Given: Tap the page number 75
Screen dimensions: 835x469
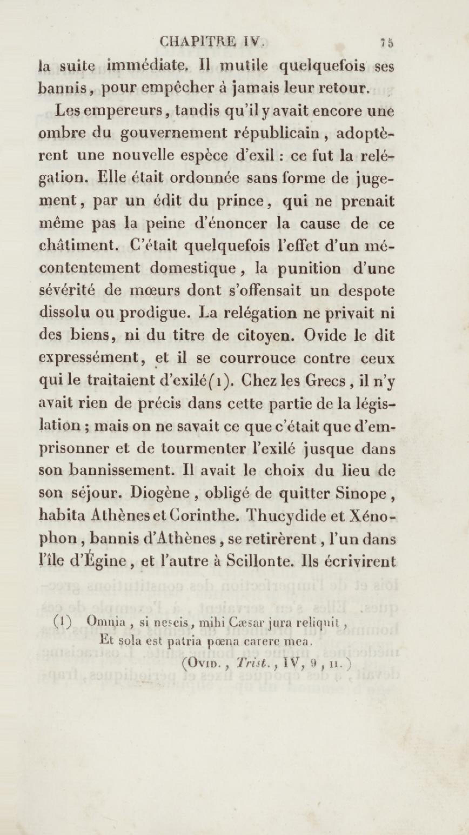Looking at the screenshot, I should (387, 43).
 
